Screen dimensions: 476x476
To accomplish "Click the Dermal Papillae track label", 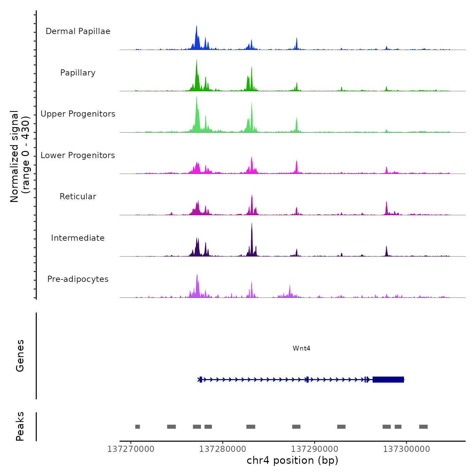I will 78,31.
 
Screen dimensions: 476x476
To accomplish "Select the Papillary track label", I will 78,73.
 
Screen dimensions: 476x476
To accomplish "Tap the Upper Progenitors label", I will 78,114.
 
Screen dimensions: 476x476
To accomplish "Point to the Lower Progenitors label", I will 78,155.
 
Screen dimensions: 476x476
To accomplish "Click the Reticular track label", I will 78,197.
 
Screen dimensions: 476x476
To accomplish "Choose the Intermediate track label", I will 78,238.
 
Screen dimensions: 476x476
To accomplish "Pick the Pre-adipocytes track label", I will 78,279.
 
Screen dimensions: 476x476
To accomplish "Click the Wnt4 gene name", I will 301,348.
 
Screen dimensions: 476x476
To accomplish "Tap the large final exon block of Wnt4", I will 388,379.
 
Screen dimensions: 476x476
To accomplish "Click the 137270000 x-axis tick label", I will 131,449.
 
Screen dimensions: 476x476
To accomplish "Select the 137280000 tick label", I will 223,449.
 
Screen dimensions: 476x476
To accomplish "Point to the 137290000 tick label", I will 315,449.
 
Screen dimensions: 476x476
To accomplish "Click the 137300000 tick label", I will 407,449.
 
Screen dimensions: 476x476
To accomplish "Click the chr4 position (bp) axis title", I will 292,460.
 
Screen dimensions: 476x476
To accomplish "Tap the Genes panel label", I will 20,356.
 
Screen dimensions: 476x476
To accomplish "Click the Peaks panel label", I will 20,426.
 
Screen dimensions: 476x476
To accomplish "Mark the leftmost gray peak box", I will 137,427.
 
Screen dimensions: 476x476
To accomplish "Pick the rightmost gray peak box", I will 423,427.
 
